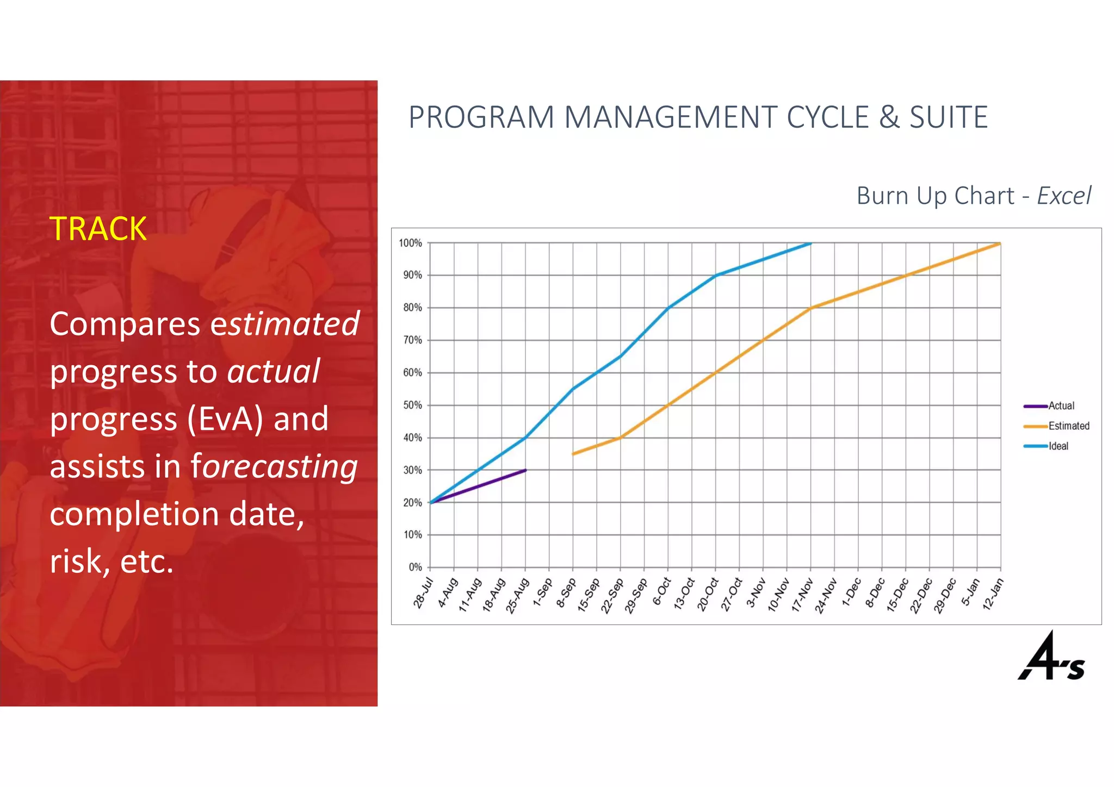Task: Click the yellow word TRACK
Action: [x=98, y=229]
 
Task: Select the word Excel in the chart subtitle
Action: [x=1063, y=196]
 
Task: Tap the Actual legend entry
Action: [x=1061, y=406]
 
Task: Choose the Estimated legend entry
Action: [x=1068, y=426]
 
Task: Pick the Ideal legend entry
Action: [x=1058, y=446]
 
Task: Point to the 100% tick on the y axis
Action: [x=410, y=243]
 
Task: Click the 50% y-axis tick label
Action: [x=412, y=405]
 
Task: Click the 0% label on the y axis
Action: [x=415, y=567]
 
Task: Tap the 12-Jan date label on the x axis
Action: [x=993, y=594]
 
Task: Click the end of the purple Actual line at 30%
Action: [x=525, y=470]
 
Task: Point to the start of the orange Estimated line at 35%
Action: [x=573, y=454]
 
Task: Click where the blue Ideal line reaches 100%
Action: [x=810, y=243]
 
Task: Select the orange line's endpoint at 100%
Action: [x=1000, y=243]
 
